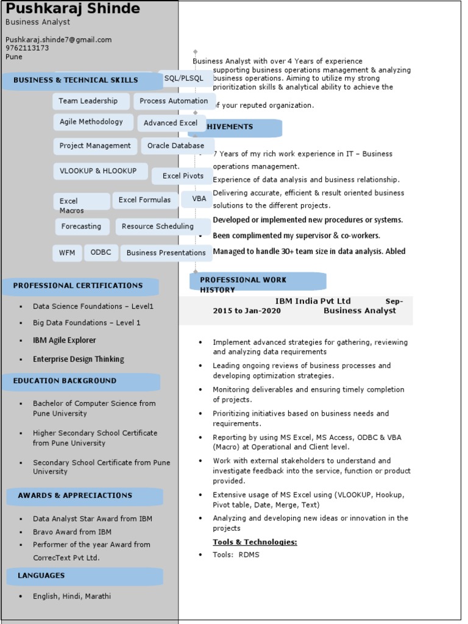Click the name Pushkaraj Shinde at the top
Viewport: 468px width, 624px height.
73,9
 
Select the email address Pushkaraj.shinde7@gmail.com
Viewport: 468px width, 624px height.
58,40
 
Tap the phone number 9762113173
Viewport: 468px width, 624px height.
27,48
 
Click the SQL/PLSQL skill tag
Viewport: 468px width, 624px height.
183,79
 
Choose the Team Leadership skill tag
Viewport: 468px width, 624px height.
88,101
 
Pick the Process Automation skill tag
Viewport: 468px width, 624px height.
174,101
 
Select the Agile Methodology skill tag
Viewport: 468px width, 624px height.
91,122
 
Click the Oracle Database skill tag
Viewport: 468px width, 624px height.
176,146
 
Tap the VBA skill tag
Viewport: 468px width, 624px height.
199,199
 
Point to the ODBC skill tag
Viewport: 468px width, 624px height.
101,252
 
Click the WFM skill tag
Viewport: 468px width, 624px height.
67,253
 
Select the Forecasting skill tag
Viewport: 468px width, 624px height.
81,227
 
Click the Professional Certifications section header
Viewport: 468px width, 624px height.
79,286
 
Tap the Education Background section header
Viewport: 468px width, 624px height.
65,381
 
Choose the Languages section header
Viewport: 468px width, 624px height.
41,575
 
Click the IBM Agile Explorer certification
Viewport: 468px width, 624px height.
65,341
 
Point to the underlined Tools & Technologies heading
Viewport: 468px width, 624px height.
255,542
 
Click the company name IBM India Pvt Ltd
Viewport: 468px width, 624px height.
313,301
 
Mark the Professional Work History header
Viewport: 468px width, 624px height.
244,285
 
